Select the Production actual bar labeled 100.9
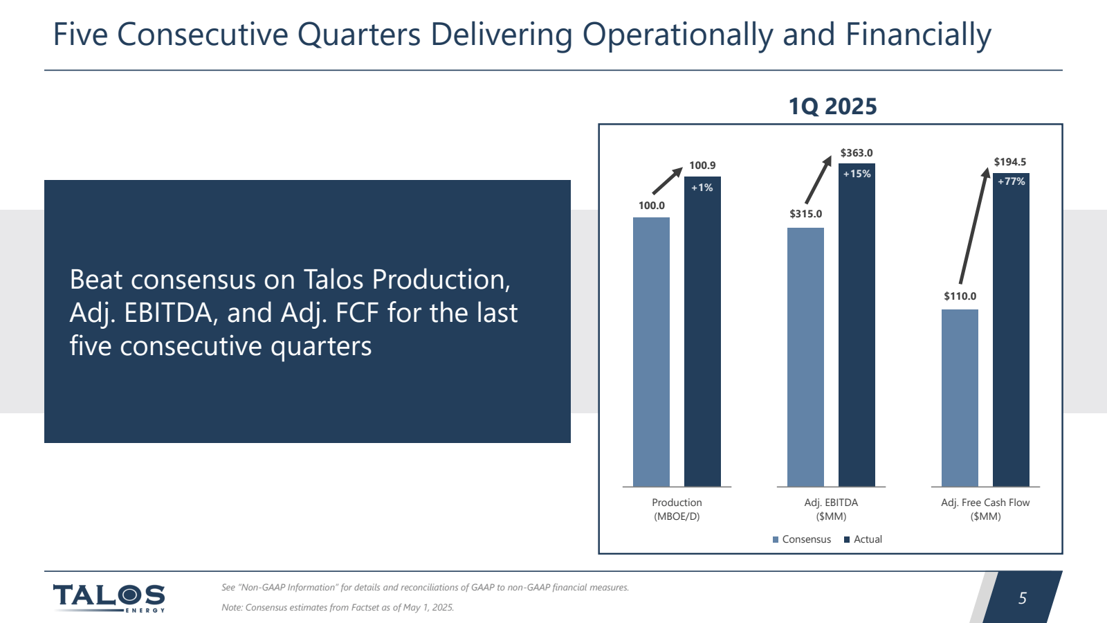(x=702, y=332)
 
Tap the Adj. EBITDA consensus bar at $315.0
(x=805, y=356)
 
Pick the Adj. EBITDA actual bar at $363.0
(x=857, y=325)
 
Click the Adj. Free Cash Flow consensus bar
(x=960, y=397)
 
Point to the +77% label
(x=1011, y=181)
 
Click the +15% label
(x=857, y=174)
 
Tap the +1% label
(x=702, y=188)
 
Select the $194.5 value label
(x=1010, y=162)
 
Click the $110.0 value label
(x=960, y=296)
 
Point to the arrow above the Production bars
(x=668, y=180)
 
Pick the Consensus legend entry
(x=802, y=539)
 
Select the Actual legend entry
(x=863, y=539)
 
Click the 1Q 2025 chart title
(x=832, y=107)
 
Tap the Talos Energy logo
(x=109, y=597)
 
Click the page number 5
(x=1022, y=598)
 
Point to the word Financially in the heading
(x=918, y=35)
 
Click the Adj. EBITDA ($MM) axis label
(x=831, y=509)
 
